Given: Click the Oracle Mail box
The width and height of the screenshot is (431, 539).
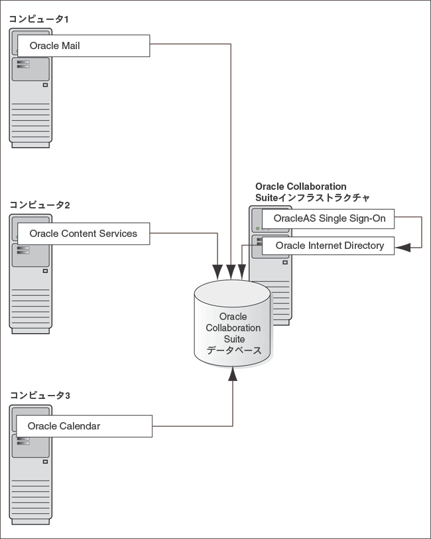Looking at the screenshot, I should click(x=83, y=46).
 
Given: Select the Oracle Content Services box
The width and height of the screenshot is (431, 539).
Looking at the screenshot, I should click(x=83, y=234).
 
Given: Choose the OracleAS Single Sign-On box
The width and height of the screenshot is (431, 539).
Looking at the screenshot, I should click(x=328, y=218).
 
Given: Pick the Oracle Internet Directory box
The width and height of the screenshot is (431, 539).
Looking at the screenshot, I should click(x=328, y=246).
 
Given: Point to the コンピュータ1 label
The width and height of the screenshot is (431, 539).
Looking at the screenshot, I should click(x=39, y=19).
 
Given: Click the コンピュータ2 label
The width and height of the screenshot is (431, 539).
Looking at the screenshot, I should click(x=39, y=205).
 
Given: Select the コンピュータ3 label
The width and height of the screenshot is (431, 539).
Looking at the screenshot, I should click(x=39, y=396).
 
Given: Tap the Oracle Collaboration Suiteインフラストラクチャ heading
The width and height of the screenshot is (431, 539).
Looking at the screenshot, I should click(x=312, y=193).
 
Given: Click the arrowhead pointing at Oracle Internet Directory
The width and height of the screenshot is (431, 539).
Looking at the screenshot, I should click(x=403, y=247).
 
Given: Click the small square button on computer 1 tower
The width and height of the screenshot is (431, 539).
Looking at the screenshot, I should click(x=46, y=85).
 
